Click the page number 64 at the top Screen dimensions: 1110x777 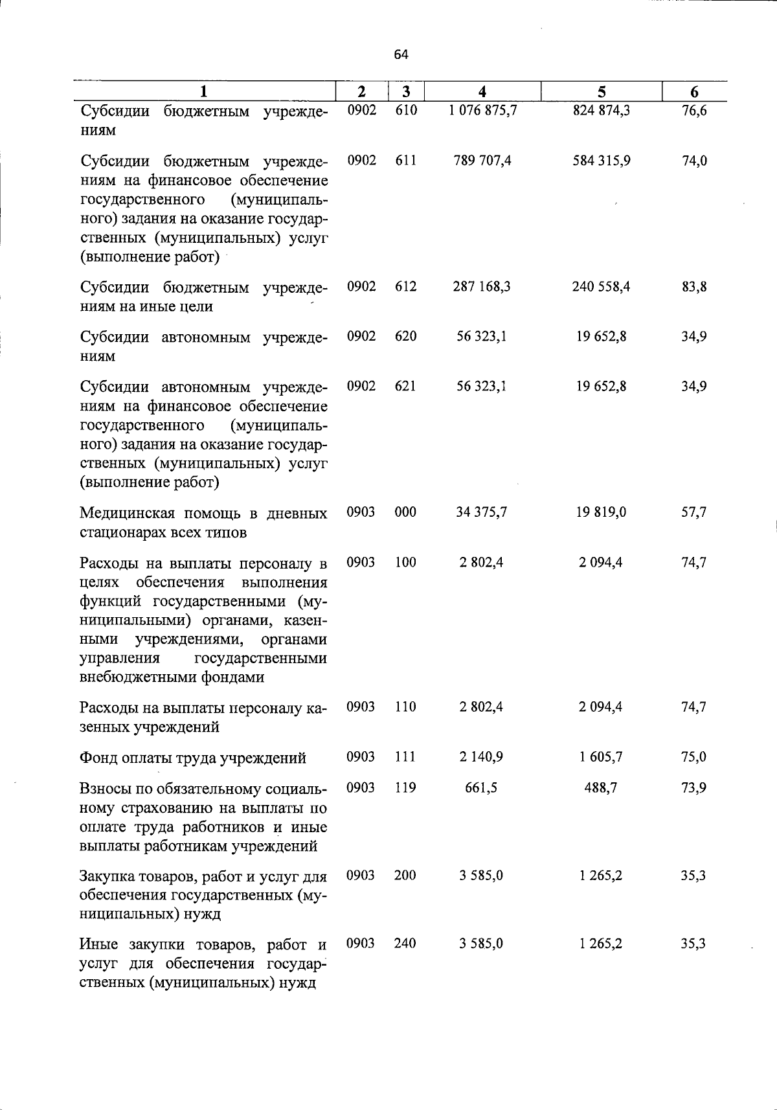click(x=401, y=55)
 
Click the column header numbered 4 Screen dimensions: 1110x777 click(x=482, y=91)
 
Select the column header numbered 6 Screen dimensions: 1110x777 click(x=694, y=91)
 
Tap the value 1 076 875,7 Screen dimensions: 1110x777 click(x=482, y=111)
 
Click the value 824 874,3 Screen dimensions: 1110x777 click(x=602, y=111)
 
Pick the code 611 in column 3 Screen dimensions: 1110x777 click(x=405, y=161)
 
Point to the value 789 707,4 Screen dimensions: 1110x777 click(x=482, y=161)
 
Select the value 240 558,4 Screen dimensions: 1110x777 click(x=602, y=287)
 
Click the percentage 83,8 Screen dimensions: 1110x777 click(x=694, y=287)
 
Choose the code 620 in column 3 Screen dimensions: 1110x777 click(x=405, y=337)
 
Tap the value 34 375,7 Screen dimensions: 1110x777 click(x=482, y=513)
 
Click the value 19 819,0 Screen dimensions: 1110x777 click(x=602, y=513)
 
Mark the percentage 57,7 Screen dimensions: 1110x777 click(x=694, y=513)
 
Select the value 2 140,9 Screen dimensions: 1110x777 click(x=482, y=757)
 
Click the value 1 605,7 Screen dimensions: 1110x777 click(x=602, y=757)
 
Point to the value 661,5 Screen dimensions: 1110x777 click(x=482, y=788)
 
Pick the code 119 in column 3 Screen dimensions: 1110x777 click(x=405, y=788)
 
